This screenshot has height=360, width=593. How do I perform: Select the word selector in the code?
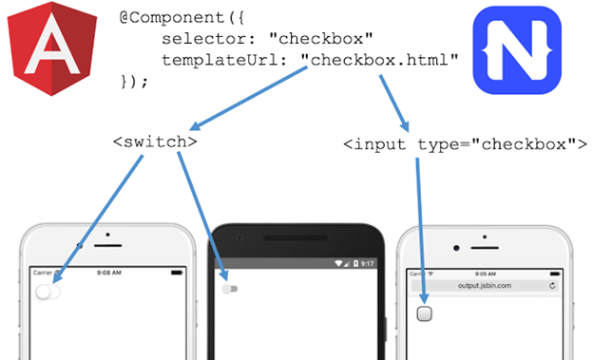[x=194, y=39]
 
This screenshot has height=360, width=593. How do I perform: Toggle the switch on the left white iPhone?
[x=48, y=292]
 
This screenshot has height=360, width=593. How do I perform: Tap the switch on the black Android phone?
[x=229, y=288]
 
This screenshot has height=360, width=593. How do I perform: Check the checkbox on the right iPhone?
[x=424, y=313]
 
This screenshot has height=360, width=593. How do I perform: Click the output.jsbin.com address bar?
[x=484, y=285]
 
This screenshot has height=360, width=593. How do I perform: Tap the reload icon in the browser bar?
[x=552, y=285]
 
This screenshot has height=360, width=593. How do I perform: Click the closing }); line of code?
[x=135, y=81]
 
